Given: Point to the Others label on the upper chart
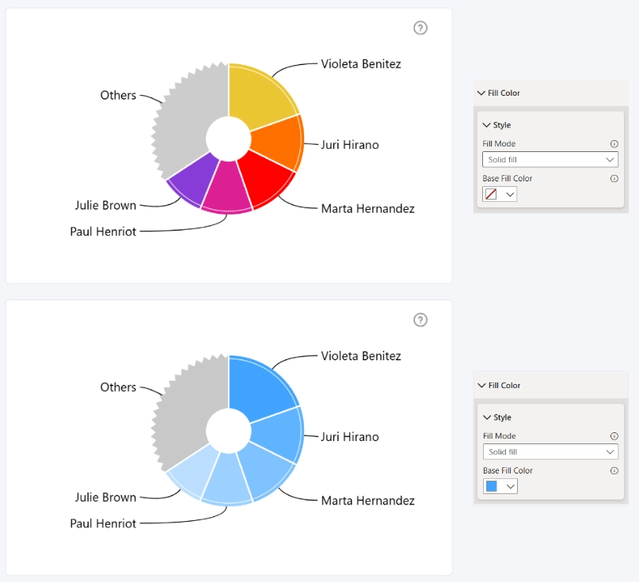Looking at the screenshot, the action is point(118,95).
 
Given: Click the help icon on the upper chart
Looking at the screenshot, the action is point(420,29).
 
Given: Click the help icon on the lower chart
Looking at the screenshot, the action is point(420,320).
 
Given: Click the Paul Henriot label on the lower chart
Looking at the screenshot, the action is point(103,523).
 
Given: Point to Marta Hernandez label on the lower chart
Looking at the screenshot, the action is point(367,500).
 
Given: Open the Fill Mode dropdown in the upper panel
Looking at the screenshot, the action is point(550,160).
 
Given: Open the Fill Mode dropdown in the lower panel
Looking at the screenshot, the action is point(550,452).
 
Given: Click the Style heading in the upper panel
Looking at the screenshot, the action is point(502,125).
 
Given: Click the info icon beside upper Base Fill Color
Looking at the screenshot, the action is point(614,178).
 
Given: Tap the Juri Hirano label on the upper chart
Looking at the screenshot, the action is point(350,145).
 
